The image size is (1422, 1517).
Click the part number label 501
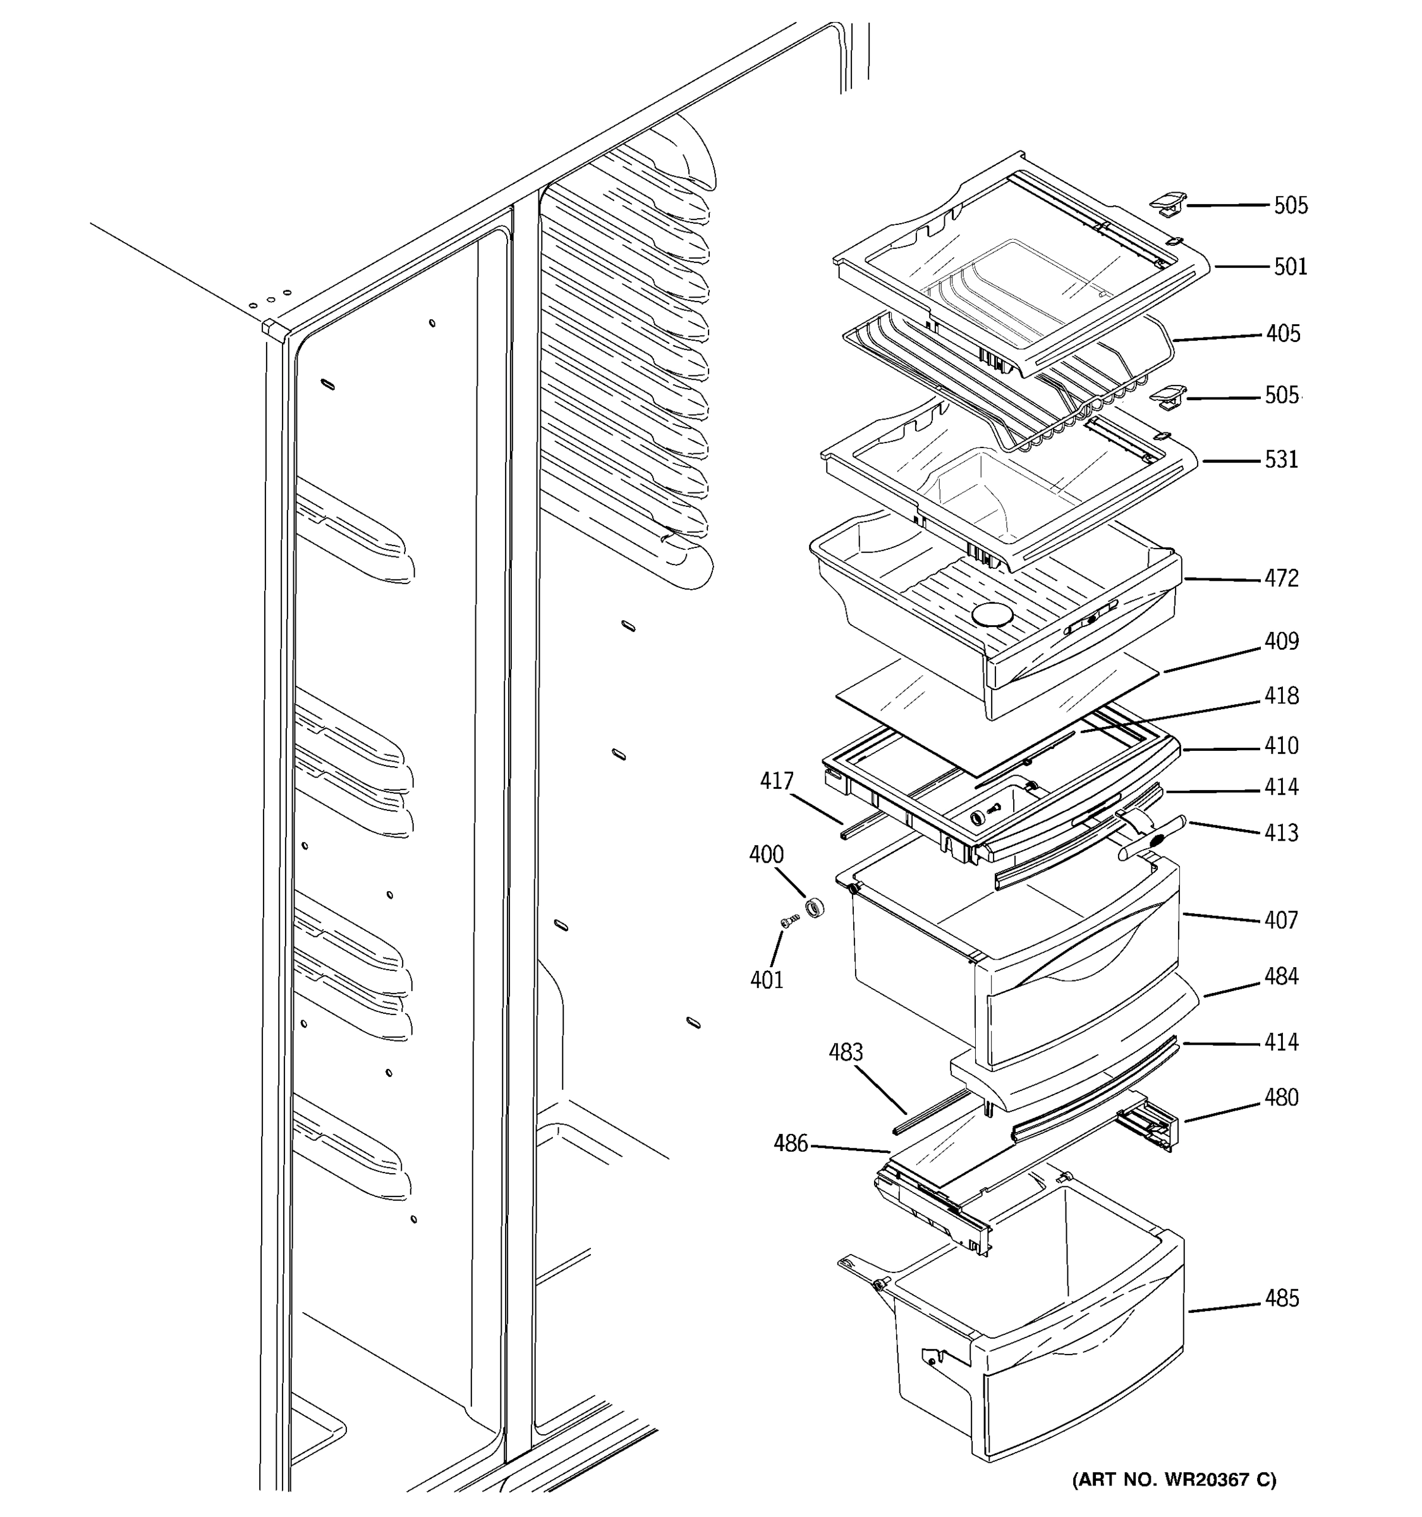coord(1290,267)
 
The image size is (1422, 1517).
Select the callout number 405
coord(1283,334)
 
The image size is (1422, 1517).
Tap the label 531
coord(1281,460)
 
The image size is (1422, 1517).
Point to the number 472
coord(1281,578)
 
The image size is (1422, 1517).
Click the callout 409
coord(1281,641)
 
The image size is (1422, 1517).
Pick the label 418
coord(1281,696)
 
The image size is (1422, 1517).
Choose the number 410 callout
coord(1281,745)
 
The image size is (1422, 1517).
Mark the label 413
coord(1281,832)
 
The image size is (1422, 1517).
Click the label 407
coord(1281,920)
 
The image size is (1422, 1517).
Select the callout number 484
coord(1281,976)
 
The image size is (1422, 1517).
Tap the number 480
coord(1281,1097)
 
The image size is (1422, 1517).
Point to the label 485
coord(1281,1298)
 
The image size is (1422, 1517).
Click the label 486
coord(791,1143)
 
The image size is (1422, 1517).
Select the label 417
coord(777,781)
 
